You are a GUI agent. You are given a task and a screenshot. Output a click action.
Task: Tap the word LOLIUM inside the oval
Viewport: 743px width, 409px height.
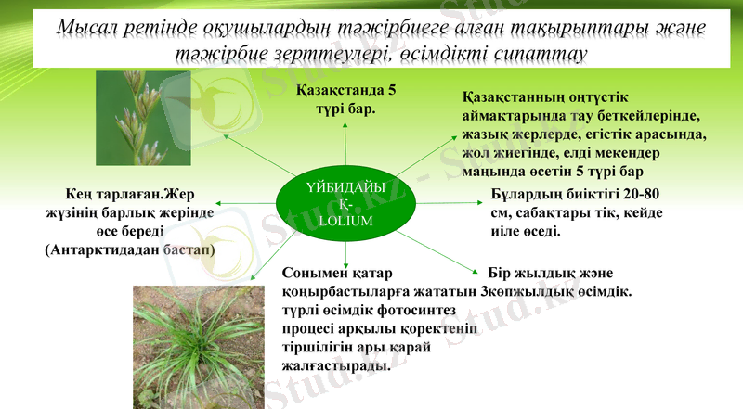point(345,222)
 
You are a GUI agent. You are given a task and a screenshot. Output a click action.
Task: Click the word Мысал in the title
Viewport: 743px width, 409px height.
point(85,29)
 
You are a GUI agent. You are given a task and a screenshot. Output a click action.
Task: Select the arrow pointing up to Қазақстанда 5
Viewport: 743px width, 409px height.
point(345,144)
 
